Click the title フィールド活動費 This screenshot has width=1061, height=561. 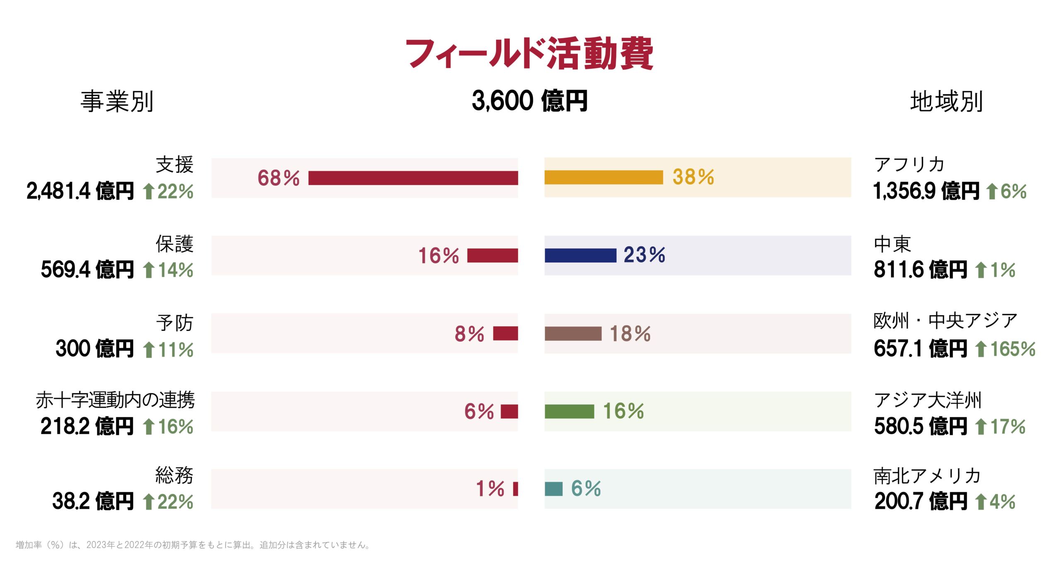click(529, 54)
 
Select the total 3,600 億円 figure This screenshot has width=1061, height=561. click(529, 101)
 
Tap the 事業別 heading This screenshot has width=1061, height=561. click(117, 101)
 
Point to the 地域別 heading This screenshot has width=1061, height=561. click(946, 101)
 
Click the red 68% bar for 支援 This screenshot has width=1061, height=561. click(413, 178)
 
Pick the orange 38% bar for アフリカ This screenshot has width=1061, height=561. click(603, 177)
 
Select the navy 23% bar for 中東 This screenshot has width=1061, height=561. click(580, 255)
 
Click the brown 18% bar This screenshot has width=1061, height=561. click(573, 333)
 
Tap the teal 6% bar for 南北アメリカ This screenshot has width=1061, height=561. click(553, 489)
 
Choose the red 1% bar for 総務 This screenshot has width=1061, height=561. click(515, 489)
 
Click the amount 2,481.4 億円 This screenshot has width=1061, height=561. click(80, 191)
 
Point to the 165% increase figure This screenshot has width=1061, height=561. click(1013, 349)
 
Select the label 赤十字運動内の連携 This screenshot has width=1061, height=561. click(115, 400)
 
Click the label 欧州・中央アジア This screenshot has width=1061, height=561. click(945, 321)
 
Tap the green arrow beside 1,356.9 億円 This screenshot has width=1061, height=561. click(992, 192)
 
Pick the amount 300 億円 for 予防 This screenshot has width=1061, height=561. click(94, 349)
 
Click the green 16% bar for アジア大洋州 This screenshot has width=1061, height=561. click(569, 411)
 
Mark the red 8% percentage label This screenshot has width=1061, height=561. click(469, 334)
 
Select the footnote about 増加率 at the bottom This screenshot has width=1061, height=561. click(193, 545)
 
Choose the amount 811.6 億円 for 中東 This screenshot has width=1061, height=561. click(920, 270)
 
